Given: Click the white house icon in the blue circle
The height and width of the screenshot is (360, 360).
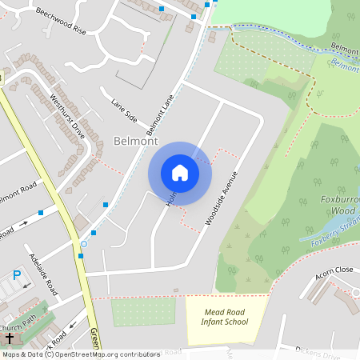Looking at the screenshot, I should (x=179, y=173).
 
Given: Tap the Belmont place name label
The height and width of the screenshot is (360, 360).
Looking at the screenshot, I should (x=136, y=141).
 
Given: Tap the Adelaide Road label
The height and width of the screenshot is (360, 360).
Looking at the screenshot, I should (x=42, y=273).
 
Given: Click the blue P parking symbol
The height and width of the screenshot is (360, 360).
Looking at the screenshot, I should (x=17, y=275).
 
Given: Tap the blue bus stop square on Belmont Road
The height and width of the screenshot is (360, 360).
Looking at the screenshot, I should (x=40, y=213).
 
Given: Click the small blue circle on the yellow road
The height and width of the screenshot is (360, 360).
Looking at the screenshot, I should (x=83, y=243).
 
